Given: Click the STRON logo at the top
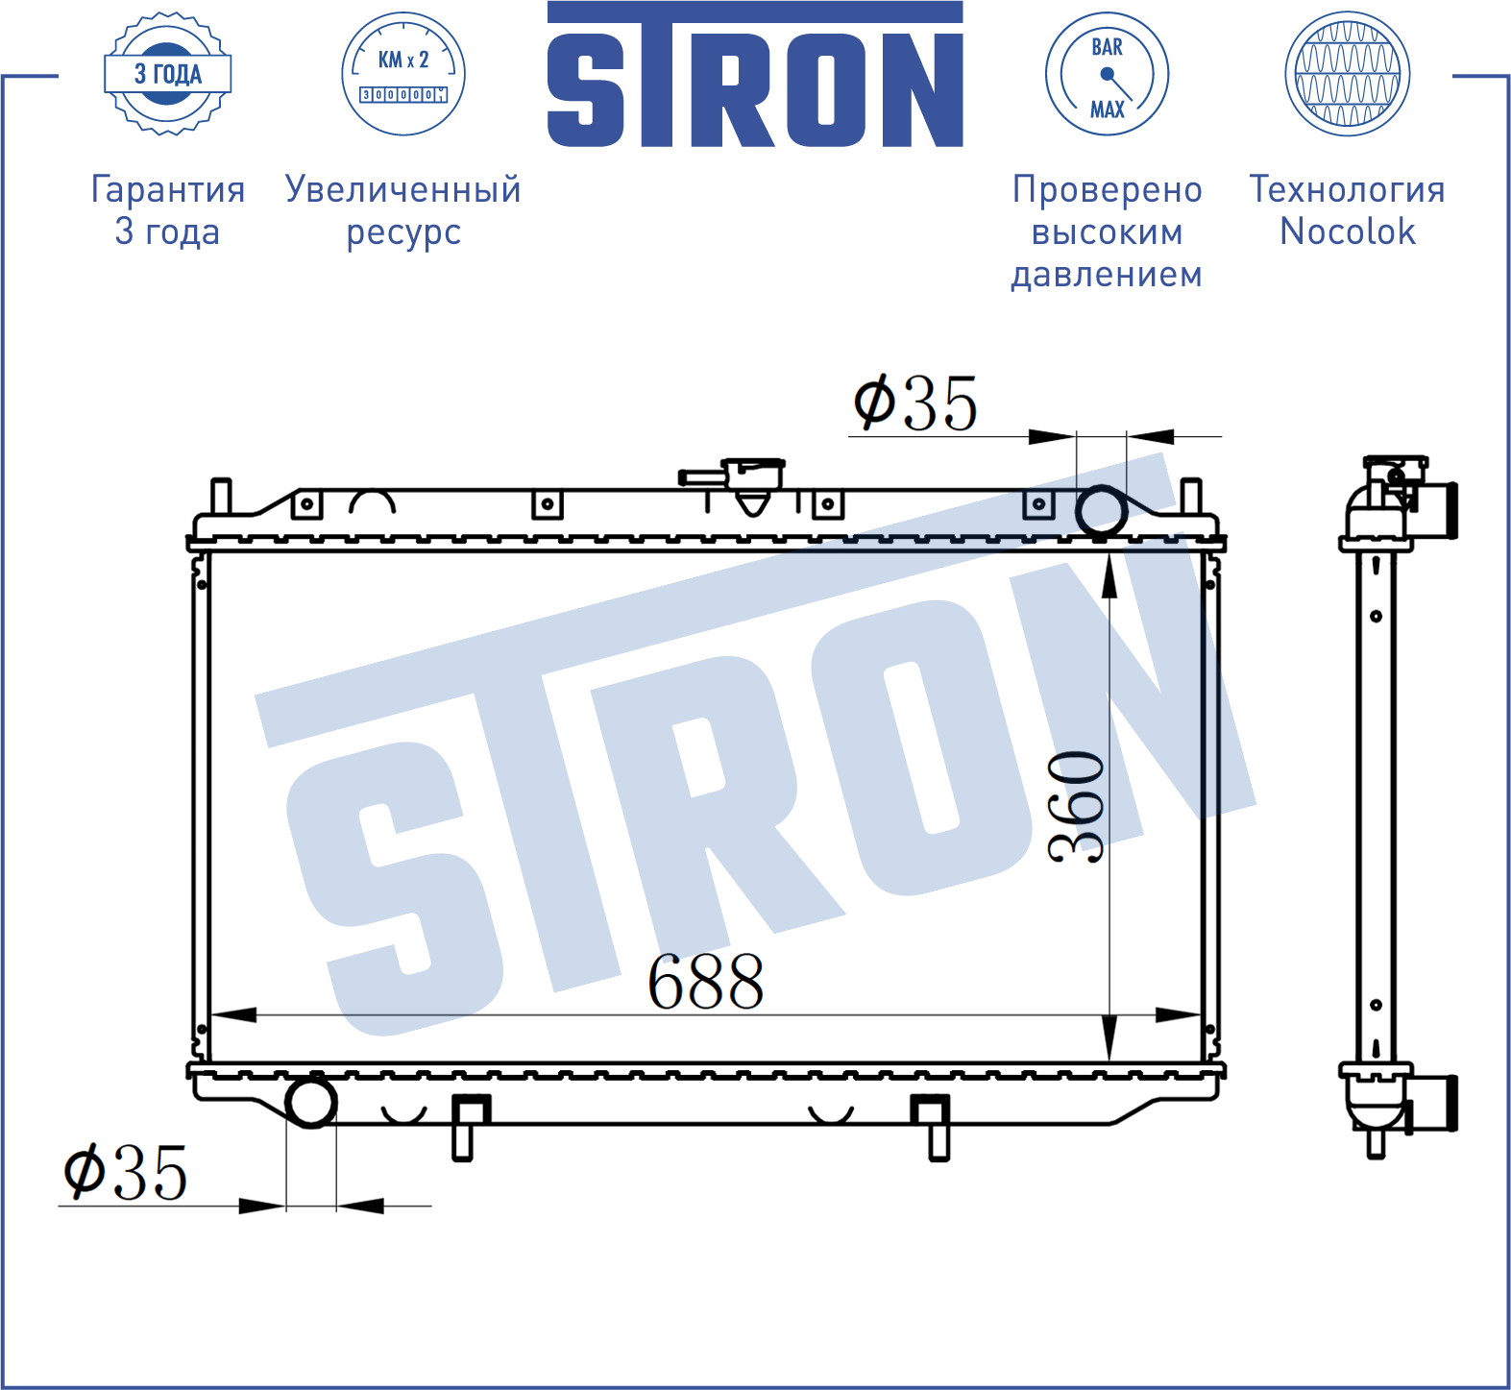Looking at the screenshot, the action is [755, 74].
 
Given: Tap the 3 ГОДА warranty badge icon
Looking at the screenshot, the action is [168, 74].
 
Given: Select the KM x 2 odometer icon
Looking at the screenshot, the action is [403, 74].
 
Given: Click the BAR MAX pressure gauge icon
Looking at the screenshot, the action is [1107, 74].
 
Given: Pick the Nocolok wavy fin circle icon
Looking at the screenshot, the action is [1347, 74].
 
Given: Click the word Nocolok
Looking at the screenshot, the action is [1348, 232].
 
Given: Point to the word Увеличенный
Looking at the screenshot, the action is [403, 189].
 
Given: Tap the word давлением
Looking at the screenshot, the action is [1107, 275].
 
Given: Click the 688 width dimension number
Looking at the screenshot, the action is [706, 982].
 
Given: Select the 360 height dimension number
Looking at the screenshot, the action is [1076, 807].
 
